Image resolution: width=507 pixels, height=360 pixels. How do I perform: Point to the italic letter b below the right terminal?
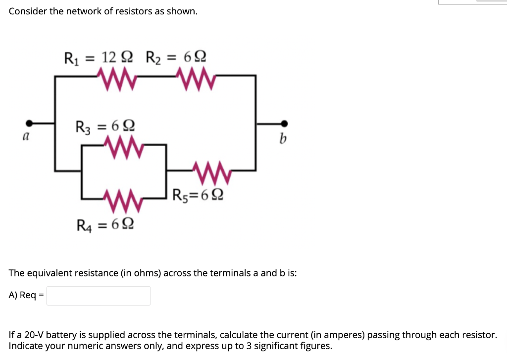pyautogui.click(x=282, y=139)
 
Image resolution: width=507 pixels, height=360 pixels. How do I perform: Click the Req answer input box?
pyautogui.click(x=99, y=296)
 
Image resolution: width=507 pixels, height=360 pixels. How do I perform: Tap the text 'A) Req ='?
pyautogui.click(x=26, y=296)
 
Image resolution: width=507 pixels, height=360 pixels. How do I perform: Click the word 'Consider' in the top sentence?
pyautogui.click(x=28, y=11)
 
